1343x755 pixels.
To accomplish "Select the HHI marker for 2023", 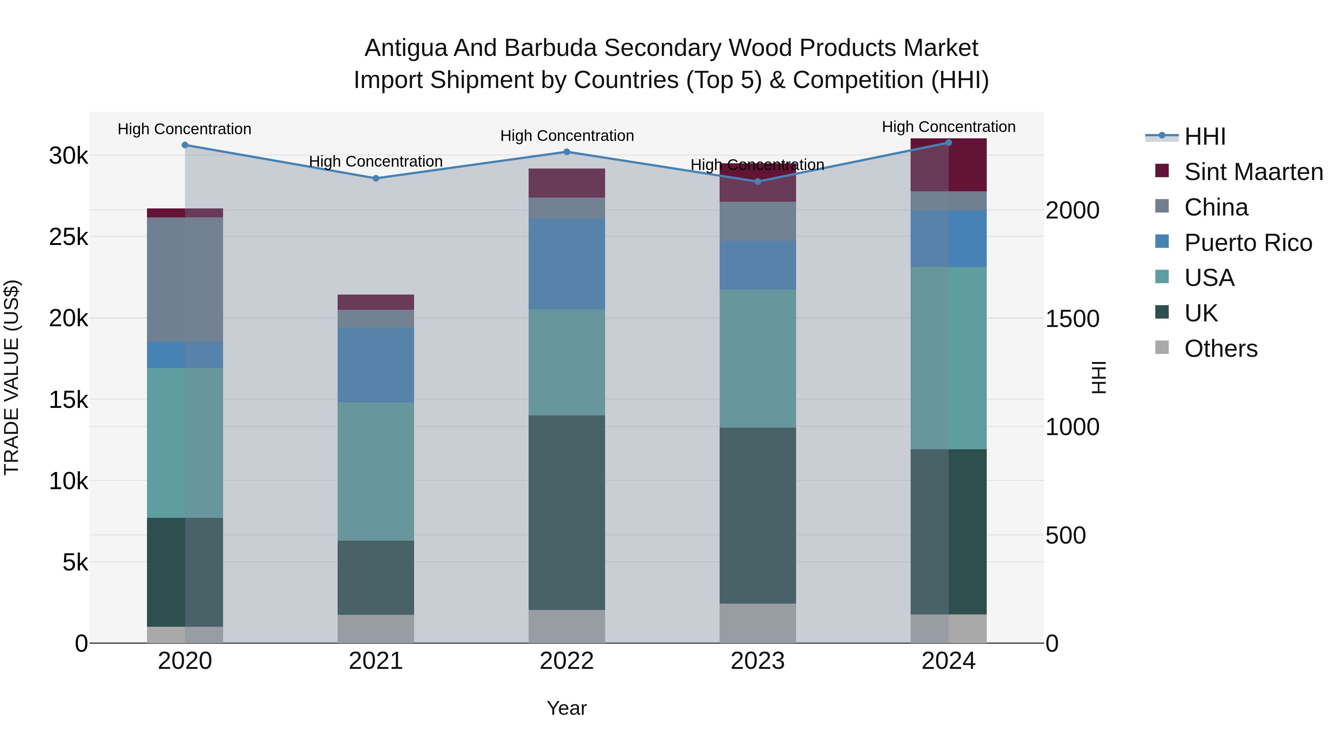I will point(758,181).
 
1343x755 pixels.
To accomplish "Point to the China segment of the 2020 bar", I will point(185,279).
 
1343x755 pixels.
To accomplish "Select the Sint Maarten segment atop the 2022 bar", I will point(567,183).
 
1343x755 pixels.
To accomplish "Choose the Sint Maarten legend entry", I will point(1253,172).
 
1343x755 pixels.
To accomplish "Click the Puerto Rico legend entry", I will point(1247,243).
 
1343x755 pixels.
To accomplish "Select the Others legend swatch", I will point(1162,347).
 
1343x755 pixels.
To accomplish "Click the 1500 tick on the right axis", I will point(1073,319).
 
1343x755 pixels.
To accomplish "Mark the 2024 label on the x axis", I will point(948,661).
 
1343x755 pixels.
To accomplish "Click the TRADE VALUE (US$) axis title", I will point(12,377).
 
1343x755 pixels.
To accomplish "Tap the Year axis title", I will point(567,708).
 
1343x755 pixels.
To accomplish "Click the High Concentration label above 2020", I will point(185,129).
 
